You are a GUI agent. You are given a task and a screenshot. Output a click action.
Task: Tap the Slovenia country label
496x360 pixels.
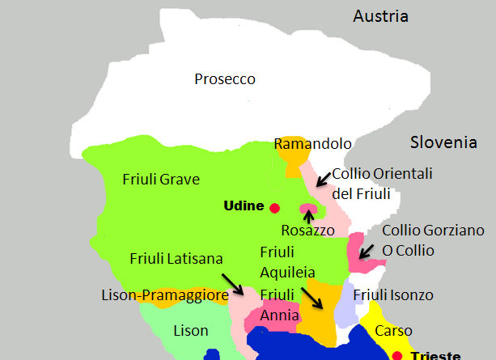click(x=443, y=142)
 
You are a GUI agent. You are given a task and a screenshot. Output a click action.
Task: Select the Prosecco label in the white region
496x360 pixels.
click(x=225, y=79)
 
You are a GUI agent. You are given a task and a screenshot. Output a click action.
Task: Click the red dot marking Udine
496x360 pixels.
click(x=275, y=207)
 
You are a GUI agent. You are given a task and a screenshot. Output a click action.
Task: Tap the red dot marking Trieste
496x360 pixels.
click(x=397, y=355)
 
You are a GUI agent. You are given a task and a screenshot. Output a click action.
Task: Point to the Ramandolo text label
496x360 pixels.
click(x=312, y=144)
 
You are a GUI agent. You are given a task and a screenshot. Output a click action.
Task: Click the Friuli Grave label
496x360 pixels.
click(x=161, y=179)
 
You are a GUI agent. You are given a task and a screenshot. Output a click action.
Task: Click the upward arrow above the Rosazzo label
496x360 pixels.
click(x=308, y=215)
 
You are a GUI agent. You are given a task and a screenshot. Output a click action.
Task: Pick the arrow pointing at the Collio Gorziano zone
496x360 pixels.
click(x=367, y=252)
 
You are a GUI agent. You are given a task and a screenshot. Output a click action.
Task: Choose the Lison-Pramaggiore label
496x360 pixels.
click(x=165, y=296)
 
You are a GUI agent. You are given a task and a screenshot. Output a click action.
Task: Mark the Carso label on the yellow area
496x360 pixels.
click(x=393, y=331)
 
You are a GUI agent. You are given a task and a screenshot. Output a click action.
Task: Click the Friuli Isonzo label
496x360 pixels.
click(x=393, y=295)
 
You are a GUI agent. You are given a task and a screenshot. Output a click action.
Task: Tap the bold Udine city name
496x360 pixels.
click(x=244, y=206)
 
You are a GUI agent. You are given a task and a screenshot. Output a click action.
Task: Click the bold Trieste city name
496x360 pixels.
click(x=436, y=355)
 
